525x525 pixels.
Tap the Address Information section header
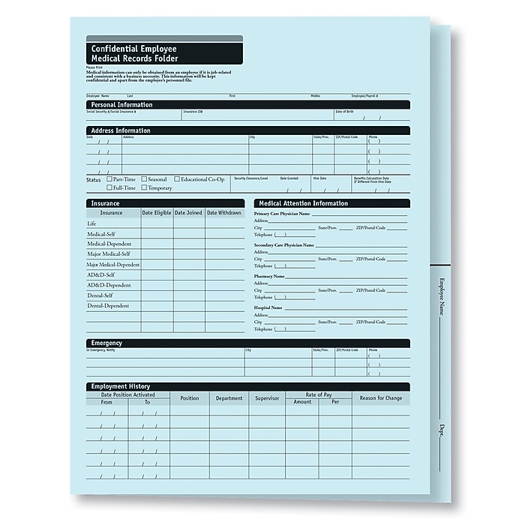pyautogui.click(x=121, y=130)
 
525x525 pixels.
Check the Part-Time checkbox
pyautogui.click(x=109, y=179)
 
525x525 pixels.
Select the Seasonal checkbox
pyautogui.click(x=144, y=179)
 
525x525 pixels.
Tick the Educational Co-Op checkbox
pyautogui.click(x=176, y=179)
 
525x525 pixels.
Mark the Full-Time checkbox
pyautogui.click(x=109, y=187)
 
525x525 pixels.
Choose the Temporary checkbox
pyautogui.click(x=144, y=187)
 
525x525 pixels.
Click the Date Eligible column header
pyautogui.click(x=157, y=213)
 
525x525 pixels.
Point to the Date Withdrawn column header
pyautogui.click(x=224, y=213)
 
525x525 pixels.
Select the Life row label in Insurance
pyautogui.click(x=92, y=223)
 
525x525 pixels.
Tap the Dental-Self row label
pyautogui.click(x=103, y=295)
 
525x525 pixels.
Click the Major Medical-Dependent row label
pyautogui.click(x=112, y=265)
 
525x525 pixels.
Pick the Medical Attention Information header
pyautogui.click(x=304, y=203)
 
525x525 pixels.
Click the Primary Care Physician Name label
pyautogui.click(x=282, y=214)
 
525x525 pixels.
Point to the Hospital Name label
pyautogui.click(x=268, y=307)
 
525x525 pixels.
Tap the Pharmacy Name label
pyautogui.click(x=269, y=276)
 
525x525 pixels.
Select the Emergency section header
pyautogui.click(x=106, y=343)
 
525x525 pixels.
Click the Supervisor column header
pyautogui.click(x=266, y=398)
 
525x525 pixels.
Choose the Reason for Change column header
pyautogui.click(x=381, y=398)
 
